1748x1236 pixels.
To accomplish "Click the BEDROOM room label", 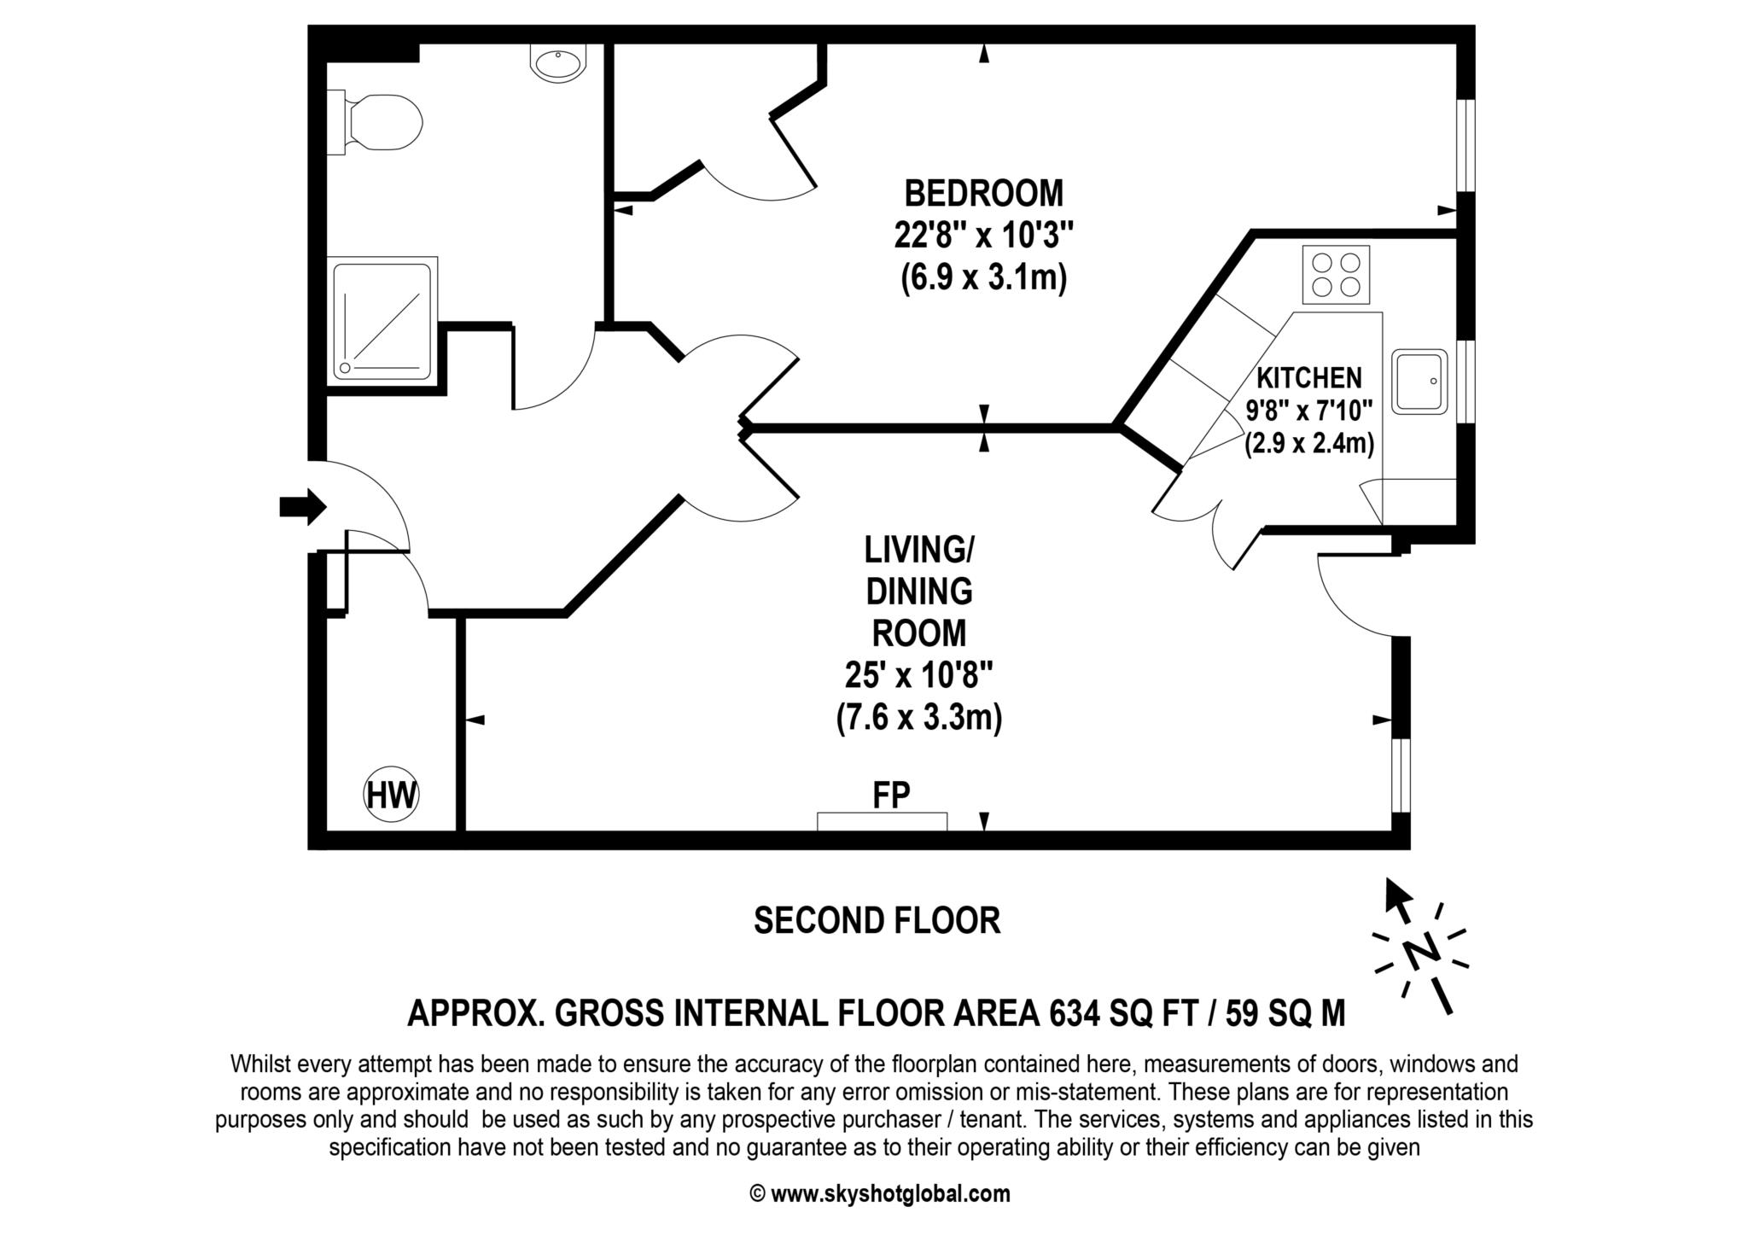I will (x=983, y=194).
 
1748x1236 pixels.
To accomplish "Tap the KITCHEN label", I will (x=1309, y=378).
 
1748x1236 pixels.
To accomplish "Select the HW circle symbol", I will (x=392, y=795).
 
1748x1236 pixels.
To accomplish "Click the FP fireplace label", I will (x=891, y=795).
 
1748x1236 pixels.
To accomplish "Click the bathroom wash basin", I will (x=557, y=63).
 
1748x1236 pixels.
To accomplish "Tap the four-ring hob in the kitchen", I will (x=1336, y=275).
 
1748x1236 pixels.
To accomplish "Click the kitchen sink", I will (x=1419, y=382).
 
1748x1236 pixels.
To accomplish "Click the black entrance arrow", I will (x=302, y=507).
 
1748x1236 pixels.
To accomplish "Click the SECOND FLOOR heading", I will (x=877, y=921).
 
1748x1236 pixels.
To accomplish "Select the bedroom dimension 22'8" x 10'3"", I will (x=983, y=235).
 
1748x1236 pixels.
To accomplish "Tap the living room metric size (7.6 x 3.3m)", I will (x=918, y=718).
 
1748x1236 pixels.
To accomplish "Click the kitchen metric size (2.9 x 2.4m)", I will (x=1308, y=444).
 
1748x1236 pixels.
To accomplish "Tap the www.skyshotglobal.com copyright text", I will (x=889, y=1194).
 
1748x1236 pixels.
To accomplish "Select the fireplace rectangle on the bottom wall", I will (x=882, y=821).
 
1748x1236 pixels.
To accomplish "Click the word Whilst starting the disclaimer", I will (x=260, y=1064).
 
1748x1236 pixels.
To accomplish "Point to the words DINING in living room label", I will (x=918, y=591).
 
